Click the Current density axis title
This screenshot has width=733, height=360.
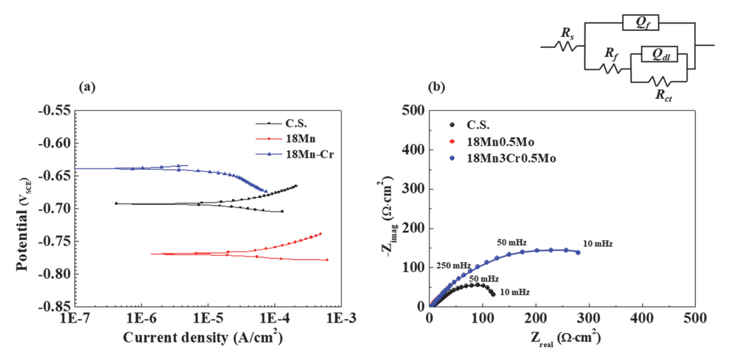[x=202, y=338]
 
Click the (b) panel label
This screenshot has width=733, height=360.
[x=437, y=89]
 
